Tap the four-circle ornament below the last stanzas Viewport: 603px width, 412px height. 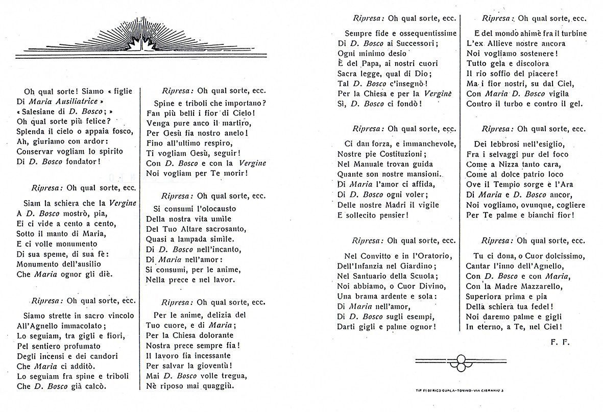point(461,362)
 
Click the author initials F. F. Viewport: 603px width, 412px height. point(560,342)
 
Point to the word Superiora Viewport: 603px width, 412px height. point(487,297)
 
